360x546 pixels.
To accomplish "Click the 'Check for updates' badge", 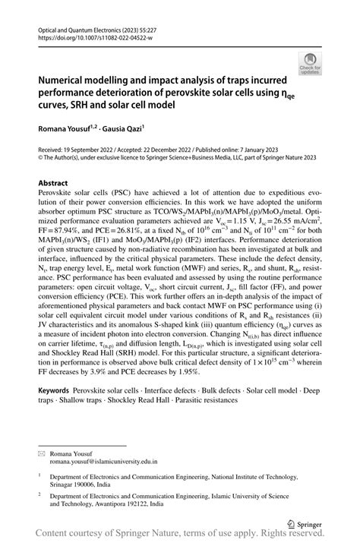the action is [x=311, y=65].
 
